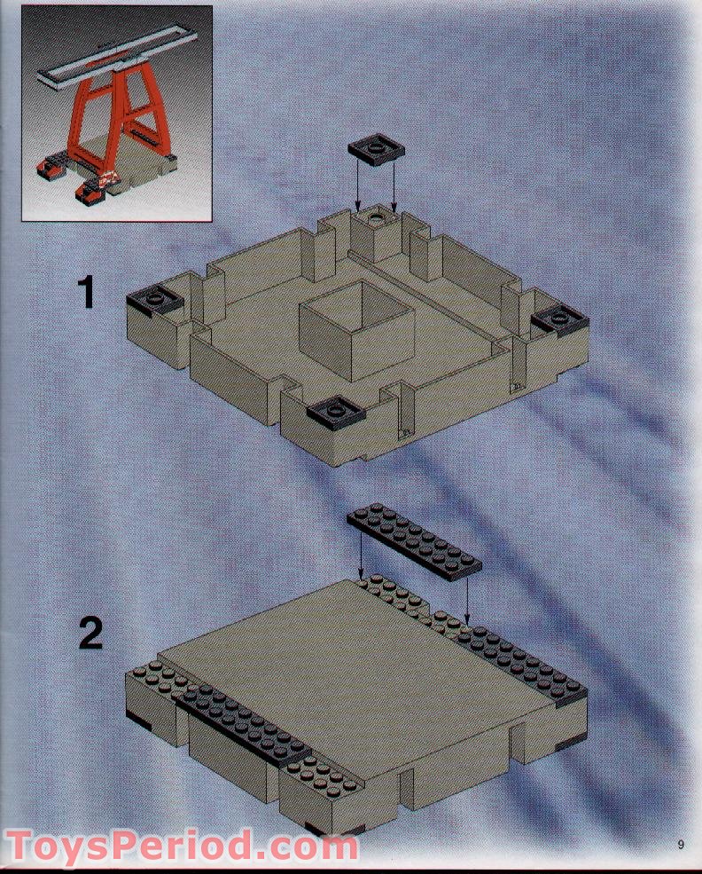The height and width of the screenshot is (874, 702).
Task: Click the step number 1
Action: [86, 292]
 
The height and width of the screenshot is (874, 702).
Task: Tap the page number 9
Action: [680, 844]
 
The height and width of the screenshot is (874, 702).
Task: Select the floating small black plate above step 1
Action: [376, 151]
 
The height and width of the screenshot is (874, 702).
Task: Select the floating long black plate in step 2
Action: [414, 541]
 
